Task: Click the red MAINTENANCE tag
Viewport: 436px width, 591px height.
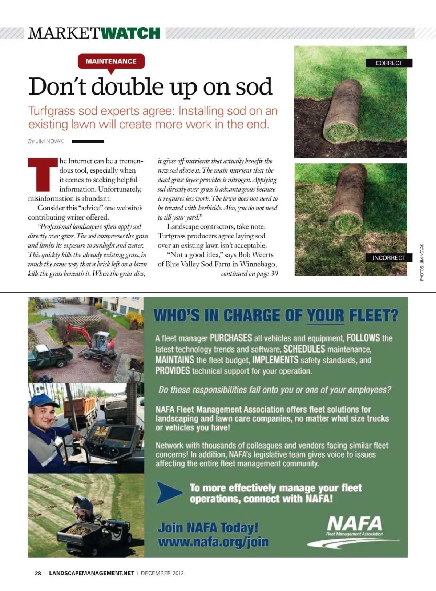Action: tap(111, 61)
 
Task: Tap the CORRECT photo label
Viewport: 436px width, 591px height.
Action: tap(389, 63)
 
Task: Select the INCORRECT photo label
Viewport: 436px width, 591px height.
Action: tap(389, 258)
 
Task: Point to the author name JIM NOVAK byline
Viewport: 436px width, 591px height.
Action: tap(49, 141)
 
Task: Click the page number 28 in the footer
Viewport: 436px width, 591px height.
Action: tap(38, 573)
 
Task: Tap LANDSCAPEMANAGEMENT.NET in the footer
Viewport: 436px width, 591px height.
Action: tap(92, 573)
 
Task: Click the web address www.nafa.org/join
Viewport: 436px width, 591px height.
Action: tap(213, 542)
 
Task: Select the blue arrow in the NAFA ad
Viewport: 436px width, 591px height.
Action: tap(169, 492)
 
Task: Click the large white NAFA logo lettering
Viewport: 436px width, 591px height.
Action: tap(354, 524)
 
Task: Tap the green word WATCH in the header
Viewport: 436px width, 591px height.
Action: tap(130, 33)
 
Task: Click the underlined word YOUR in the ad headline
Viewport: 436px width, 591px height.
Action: tap(326, 315)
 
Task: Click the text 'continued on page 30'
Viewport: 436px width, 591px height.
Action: tap(249, 274)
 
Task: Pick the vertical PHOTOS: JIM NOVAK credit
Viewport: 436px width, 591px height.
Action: tap(422, 262)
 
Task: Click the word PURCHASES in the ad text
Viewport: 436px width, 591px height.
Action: tap(231, 338)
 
